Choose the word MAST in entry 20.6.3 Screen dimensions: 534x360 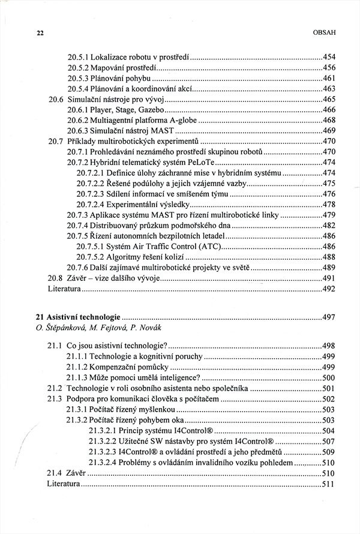pos(161,131)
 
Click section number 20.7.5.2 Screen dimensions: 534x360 pos(91,257)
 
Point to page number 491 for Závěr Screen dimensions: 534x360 pos(329,278)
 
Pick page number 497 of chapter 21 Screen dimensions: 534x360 pos(329,316)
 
